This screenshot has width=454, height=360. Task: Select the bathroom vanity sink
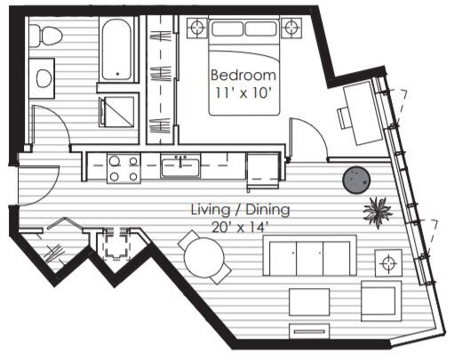click(x=43, y=77)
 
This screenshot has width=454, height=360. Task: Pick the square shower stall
click(x=119, y=111)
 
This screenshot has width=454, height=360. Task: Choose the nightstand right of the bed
click(x=291, y=27)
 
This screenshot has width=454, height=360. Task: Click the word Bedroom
click(x=243, y=75)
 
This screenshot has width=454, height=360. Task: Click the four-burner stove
click(x=123, y=168)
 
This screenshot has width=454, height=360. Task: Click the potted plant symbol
click(x=378, y=212)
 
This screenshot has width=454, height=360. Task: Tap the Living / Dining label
click(x=240, y=211)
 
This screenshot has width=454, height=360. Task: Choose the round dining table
click(x=206, y=258)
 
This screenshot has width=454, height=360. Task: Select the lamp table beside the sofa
click(x=388, y=262)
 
